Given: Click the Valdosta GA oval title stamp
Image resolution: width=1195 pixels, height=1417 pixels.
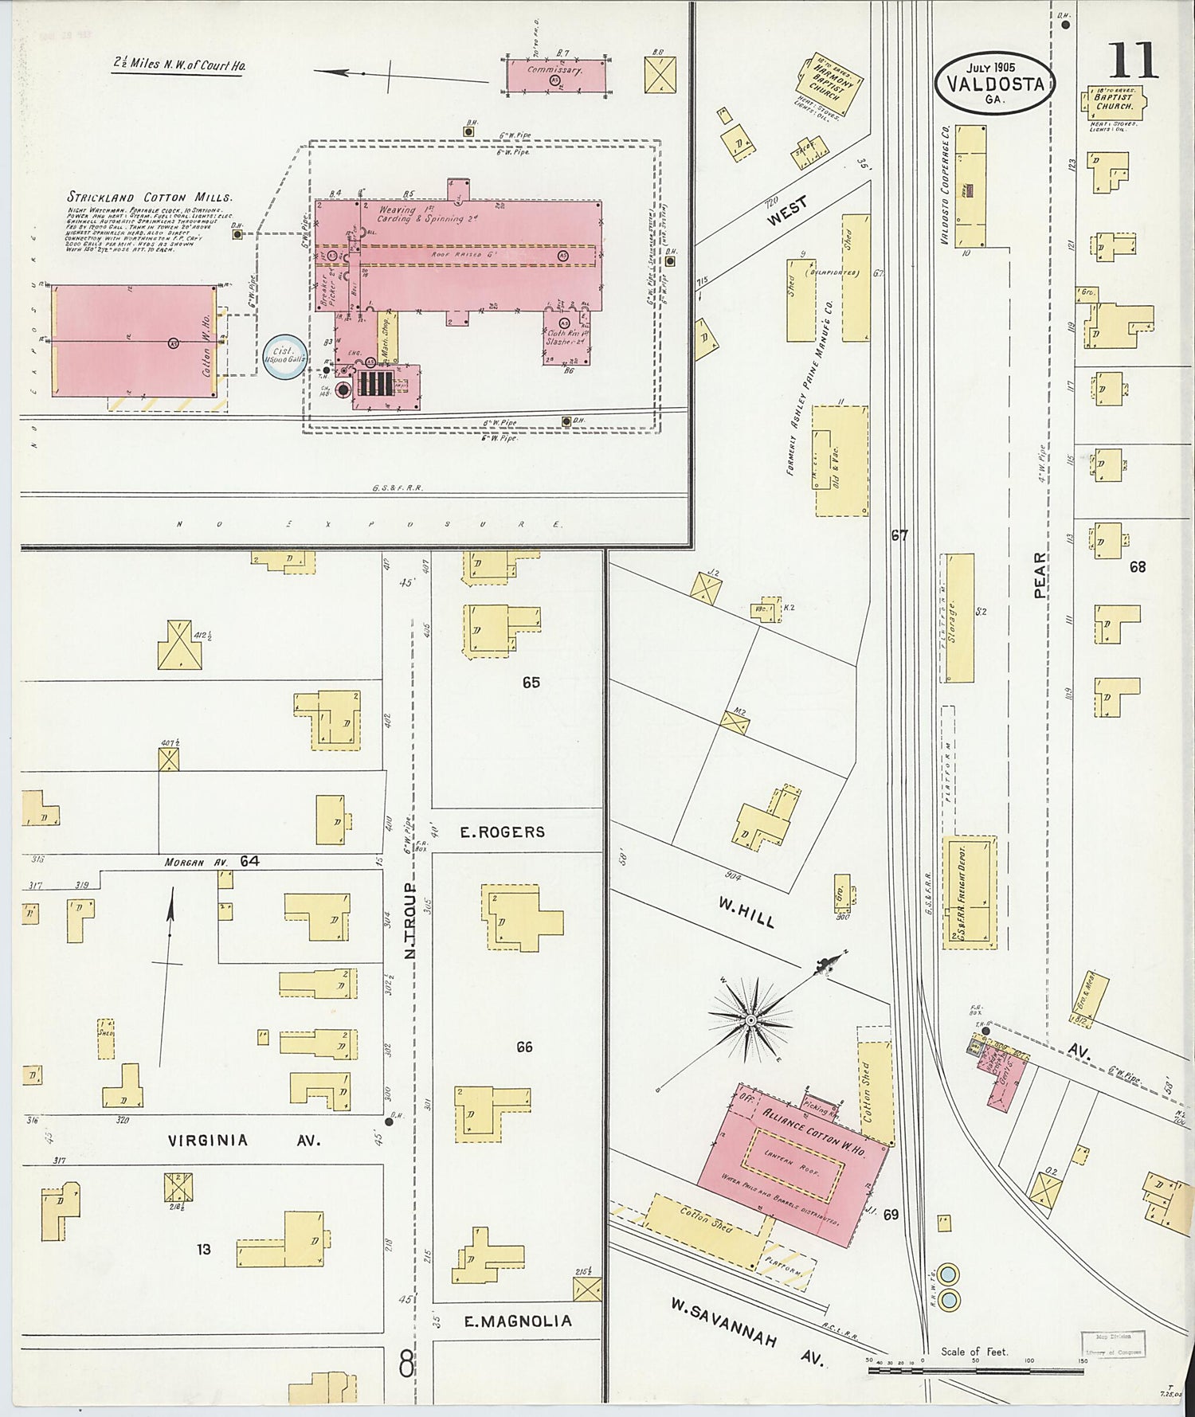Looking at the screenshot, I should pos(995,84).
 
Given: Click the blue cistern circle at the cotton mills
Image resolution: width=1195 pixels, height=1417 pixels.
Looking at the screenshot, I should pos(285,355).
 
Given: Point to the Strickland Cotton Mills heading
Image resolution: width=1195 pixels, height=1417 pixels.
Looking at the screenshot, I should pos(149,197).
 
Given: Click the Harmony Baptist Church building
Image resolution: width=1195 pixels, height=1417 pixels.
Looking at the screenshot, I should pos(829,83).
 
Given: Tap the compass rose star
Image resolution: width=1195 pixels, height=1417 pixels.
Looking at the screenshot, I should pos(750,1020).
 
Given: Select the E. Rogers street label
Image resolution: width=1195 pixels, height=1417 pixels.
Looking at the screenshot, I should pos(502,832).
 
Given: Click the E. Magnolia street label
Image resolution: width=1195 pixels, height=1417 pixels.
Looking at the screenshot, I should pos(518,1321).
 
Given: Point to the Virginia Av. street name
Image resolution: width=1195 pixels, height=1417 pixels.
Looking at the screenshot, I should pos(243,1141).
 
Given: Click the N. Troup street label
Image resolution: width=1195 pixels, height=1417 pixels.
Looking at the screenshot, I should pos(410,920).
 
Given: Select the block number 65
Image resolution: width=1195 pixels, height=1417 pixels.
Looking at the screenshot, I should pos(531,682).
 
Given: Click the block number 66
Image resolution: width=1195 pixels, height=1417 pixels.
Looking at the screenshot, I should pos(523,1047).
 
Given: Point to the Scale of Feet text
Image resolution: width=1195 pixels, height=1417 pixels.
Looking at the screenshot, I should pos(974,1352).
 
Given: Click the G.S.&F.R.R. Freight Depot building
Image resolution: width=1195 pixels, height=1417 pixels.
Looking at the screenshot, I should pos(970,892).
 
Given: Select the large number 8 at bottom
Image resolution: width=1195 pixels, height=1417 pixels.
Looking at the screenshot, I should pos(406,1367).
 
